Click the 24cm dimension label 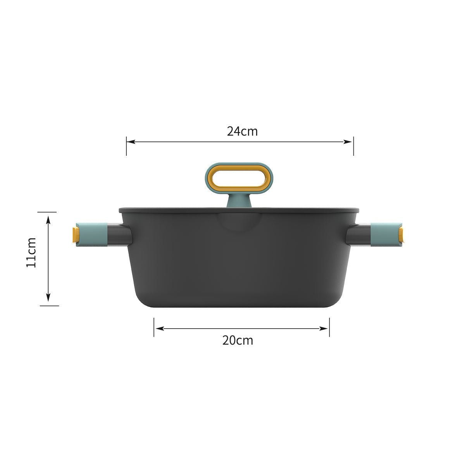[242, 131]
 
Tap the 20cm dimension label [238, 340]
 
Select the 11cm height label [31, 252]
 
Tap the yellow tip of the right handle [402, 235]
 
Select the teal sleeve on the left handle [93, 235]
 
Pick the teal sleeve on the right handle [384, 234]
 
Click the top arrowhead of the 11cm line [48, 219]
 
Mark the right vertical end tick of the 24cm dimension [353, 146]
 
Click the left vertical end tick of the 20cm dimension [154, 327]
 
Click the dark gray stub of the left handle [120, 235]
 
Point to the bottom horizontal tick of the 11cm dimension [49, 306]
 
